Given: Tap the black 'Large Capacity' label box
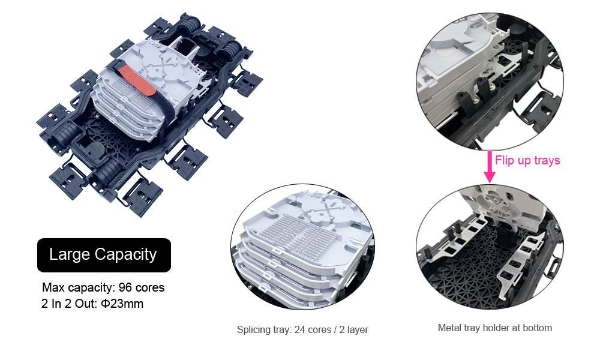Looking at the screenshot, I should pyautogui.click(x=104, y=255).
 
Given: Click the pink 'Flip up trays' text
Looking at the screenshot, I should pyautogui.click(x=527, y=160).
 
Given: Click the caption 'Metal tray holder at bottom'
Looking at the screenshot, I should pyautogui.click(x=494, y=328).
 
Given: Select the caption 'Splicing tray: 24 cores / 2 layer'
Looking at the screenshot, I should pyautogui.click(x=302, y=329).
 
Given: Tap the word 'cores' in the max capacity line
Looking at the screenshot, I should pyautogui.click(x=150, y=287).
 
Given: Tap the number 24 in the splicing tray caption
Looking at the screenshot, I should pyautogui.click(x=299, y=329).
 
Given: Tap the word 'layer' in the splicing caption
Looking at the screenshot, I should pyautogui.click(x=358, y=329).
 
